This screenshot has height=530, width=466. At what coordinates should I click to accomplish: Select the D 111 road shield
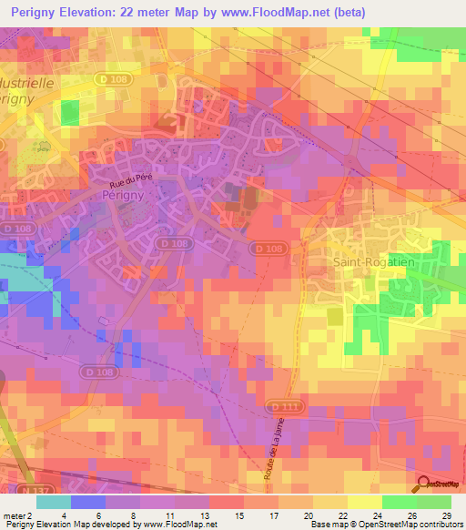click(x=281, y=406)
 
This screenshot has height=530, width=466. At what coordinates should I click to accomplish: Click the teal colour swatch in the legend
click(x=54, y=502)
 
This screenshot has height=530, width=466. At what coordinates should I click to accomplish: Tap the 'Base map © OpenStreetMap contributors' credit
click(x=386, y=525)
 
